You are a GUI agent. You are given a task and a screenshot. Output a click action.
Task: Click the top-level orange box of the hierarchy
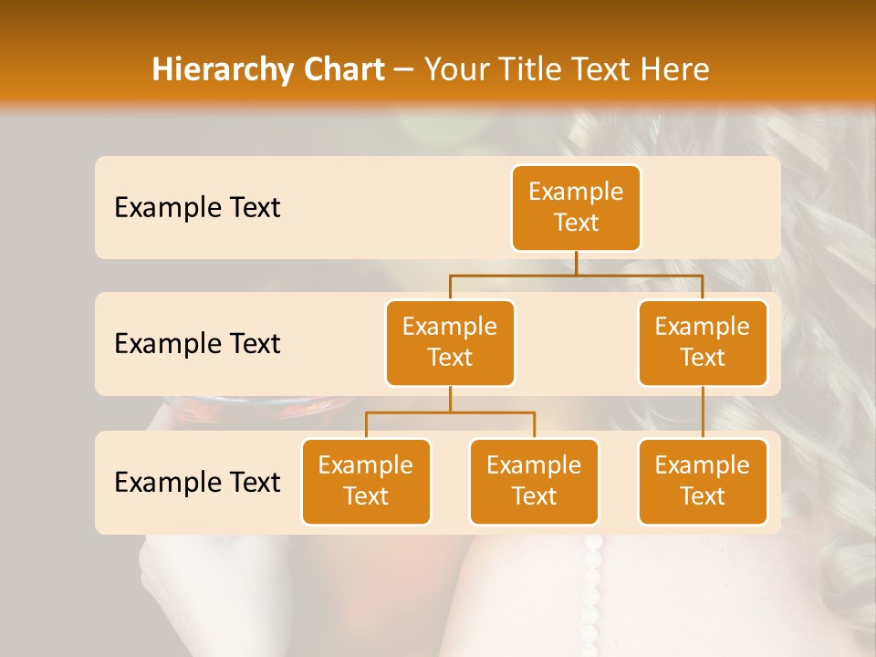[x=576, y=207]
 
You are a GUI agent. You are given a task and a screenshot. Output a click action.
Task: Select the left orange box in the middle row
[x=450, y=342]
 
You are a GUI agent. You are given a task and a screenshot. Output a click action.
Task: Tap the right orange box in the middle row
[x=703, y=342]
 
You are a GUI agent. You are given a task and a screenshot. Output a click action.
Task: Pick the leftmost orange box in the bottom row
[x=366, y=481]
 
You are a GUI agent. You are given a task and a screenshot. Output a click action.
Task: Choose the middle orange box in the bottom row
[x=534, y=481]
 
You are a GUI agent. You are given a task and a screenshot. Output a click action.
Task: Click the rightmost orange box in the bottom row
[x=703, y=481]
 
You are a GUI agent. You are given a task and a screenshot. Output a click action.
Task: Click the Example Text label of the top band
[x=197, y=208]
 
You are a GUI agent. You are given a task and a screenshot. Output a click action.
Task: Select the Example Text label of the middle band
[x=197, y=344]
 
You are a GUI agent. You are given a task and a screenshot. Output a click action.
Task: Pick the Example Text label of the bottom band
[x=197, y=482]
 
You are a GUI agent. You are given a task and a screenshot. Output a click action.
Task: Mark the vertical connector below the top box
[x=576, y=263]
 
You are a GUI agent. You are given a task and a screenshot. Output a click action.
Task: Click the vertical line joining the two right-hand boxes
[x=703, y=412]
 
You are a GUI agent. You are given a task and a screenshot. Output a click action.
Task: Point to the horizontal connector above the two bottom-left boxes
[x=450, y=412]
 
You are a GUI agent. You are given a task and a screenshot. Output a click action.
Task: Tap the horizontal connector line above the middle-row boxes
[x=576, y=275]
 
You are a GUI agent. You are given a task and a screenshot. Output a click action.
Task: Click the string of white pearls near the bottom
[x=593, y=584]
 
